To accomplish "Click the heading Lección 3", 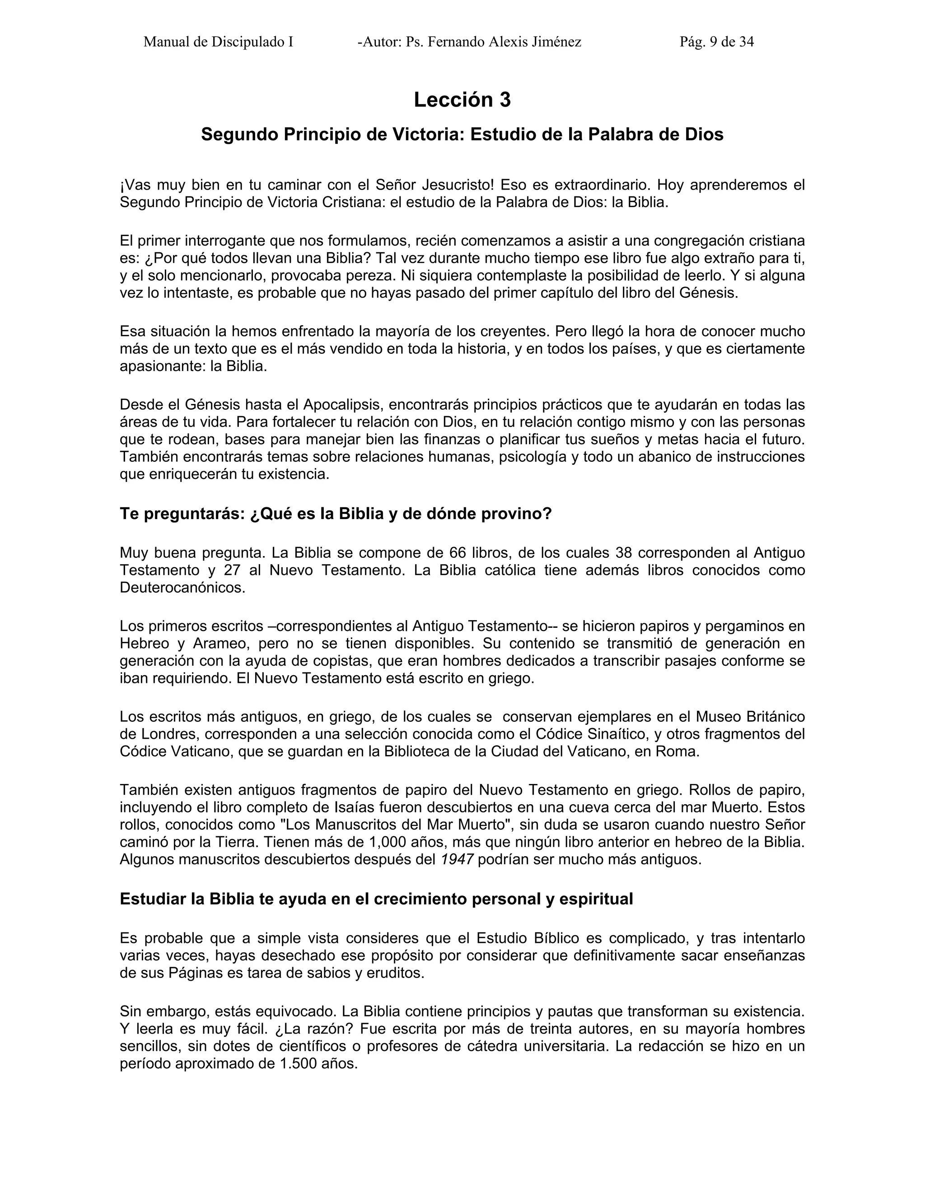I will tap(462, 100).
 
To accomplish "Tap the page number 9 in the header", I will tap(713, 42).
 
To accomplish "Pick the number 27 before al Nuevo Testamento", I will tap(234, 570).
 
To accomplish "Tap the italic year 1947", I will tap(457, 859).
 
